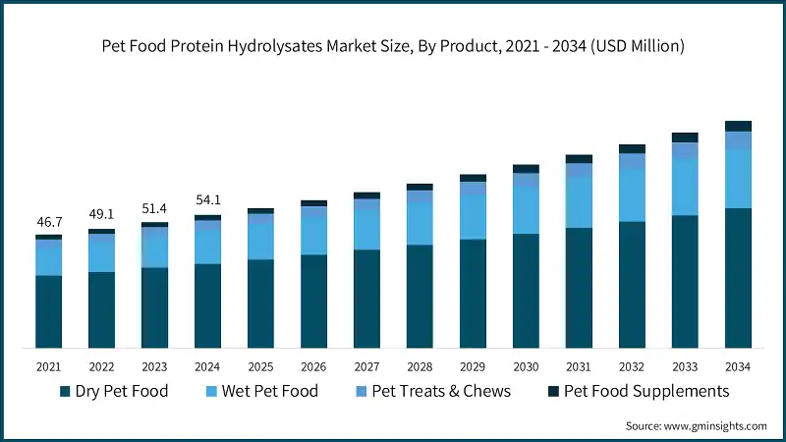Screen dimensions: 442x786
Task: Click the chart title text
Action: pos(393,45)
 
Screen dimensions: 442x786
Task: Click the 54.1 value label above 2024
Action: pos(207,201)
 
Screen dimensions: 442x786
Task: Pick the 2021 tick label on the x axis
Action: pos(48,366)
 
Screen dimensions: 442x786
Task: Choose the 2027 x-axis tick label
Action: pos(366,366)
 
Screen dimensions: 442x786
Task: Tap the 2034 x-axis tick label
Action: pos(738,366)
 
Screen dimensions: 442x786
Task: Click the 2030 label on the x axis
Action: pos(526,366)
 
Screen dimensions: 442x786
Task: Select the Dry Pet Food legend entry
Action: pos(114,391)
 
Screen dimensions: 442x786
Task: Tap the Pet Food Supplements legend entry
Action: pos(638,391)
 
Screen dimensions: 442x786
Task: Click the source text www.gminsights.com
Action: pos(696,425)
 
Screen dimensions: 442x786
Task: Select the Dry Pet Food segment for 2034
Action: pos(738,278)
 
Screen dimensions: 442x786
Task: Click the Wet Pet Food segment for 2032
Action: pos(632,194)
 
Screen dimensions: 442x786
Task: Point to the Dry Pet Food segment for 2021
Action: pos(48,311)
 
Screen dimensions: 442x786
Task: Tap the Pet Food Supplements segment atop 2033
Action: pos(685,138)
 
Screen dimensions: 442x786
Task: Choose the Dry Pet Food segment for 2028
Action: pos(420,296)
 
